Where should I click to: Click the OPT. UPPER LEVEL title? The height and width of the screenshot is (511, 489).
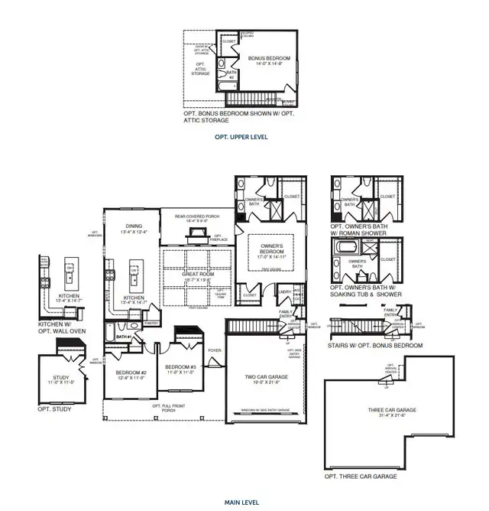[241, 137]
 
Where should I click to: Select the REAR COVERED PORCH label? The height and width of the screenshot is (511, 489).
[196, 217]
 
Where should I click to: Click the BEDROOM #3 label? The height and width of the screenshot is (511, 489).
[181, 369]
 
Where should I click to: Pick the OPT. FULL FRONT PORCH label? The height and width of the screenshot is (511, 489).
[167, 408]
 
